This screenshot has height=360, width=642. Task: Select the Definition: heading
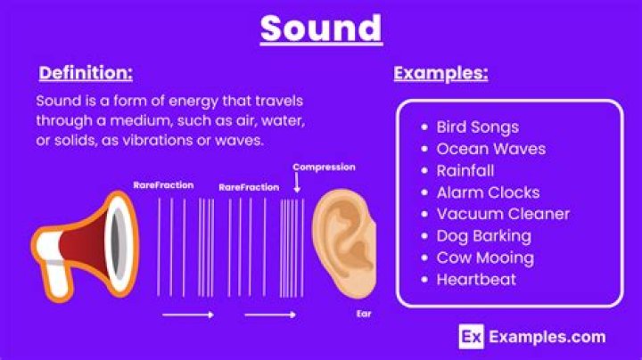point(86,72)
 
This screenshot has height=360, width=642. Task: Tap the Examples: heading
point(440,73)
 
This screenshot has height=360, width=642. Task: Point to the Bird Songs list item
point(477,127)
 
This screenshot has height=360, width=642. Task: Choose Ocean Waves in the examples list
point(490,149)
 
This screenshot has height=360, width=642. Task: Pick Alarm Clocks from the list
point(488,192)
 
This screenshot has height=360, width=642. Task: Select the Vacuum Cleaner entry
point(503,214)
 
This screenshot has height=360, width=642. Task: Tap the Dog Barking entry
point(483,236)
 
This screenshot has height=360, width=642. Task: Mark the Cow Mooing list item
point(485,258)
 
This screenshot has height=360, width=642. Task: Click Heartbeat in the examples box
point(476,279)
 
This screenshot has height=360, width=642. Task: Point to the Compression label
point(324,167)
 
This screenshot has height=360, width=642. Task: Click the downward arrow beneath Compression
point(296,185)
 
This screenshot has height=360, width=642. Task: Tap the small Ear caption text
point(364,314)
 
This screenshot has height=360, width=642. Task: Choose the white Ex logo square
point(471,336)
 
